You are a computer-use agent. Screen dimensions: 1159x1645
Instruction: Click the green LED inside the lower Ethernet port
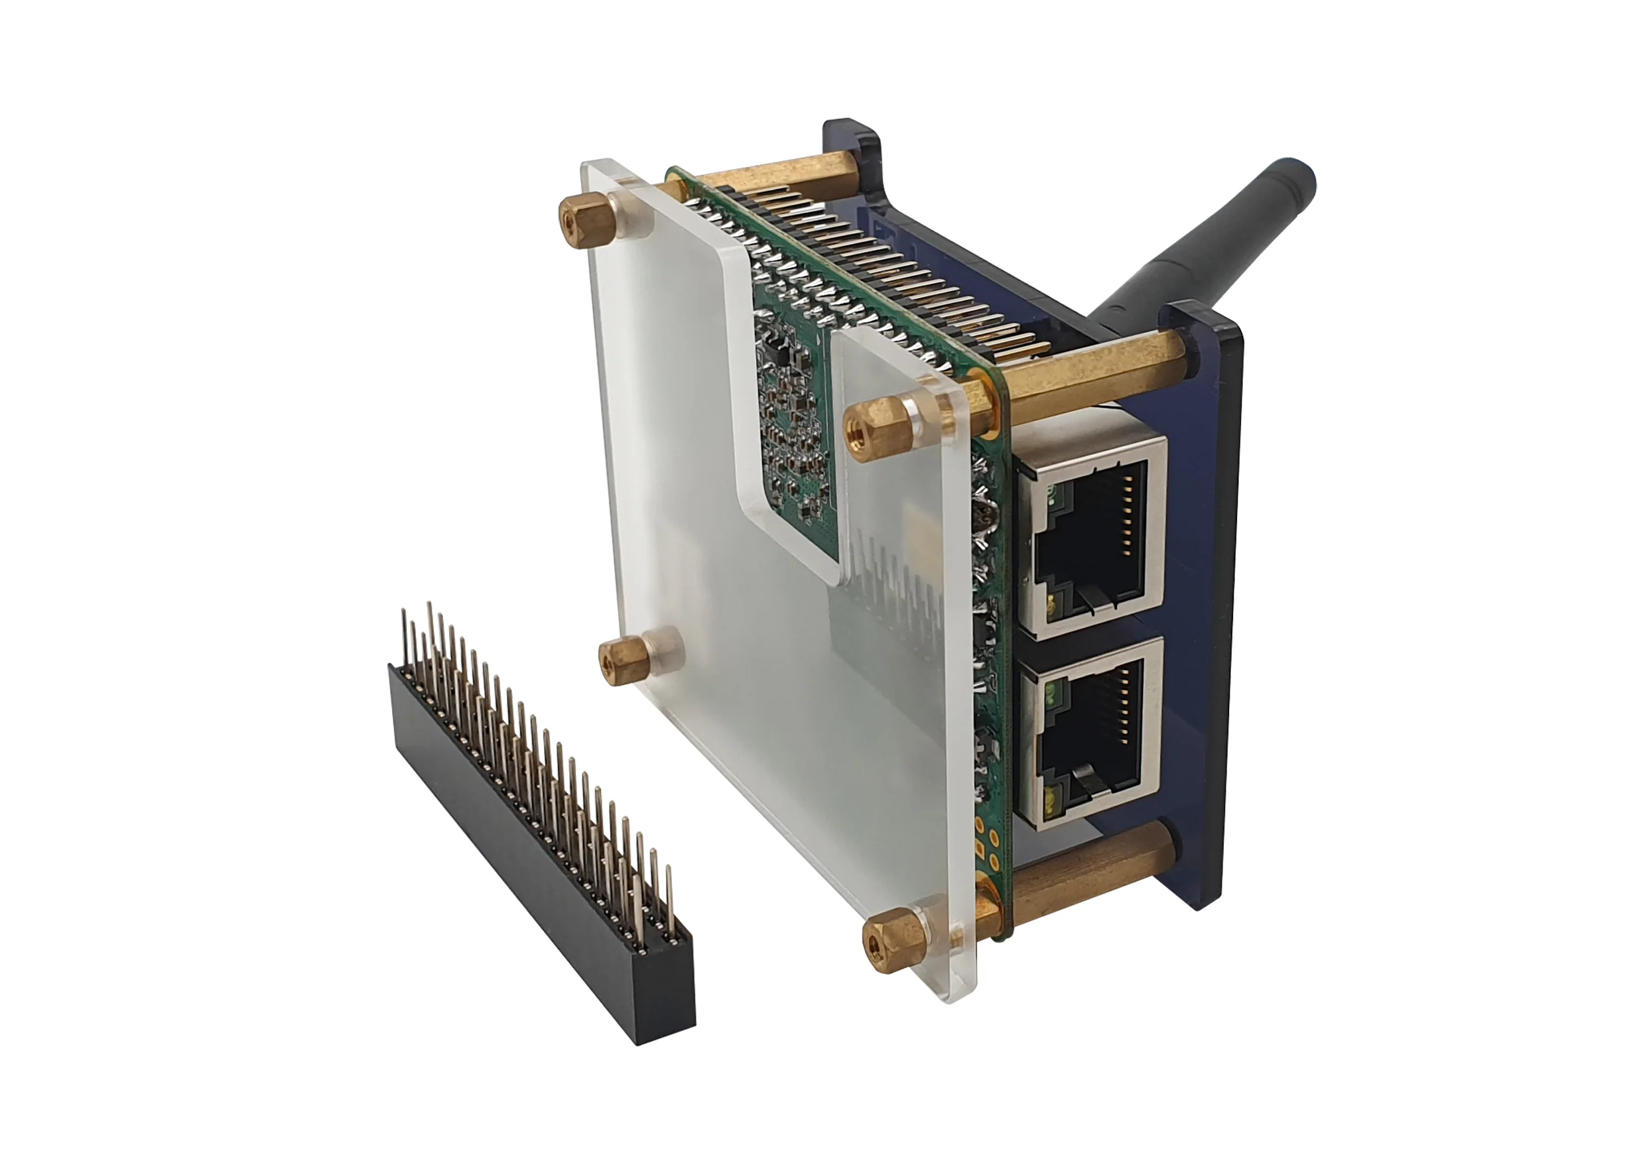(1052, 693)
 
